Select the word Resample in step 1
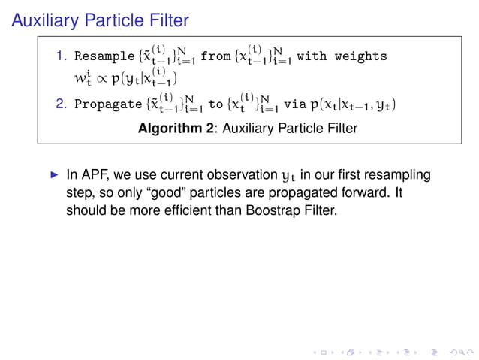point(104,56)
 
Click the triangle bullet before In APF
point(53,175)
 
